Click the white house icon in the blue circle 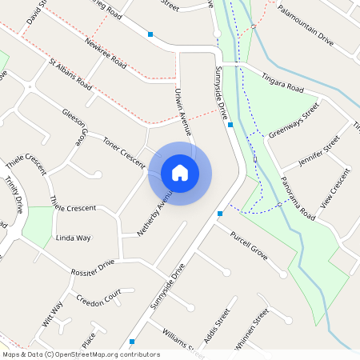(x=180, y=172)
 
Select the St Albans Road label (x=70, y=74)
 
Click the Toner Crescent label (x=122, y=151)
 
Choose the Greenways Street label (x=294, y=120)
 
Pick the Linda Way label (x=73, y=238)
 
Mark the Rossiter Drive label (x=92, y=269)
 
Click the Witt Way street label (x=52, y=314)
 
